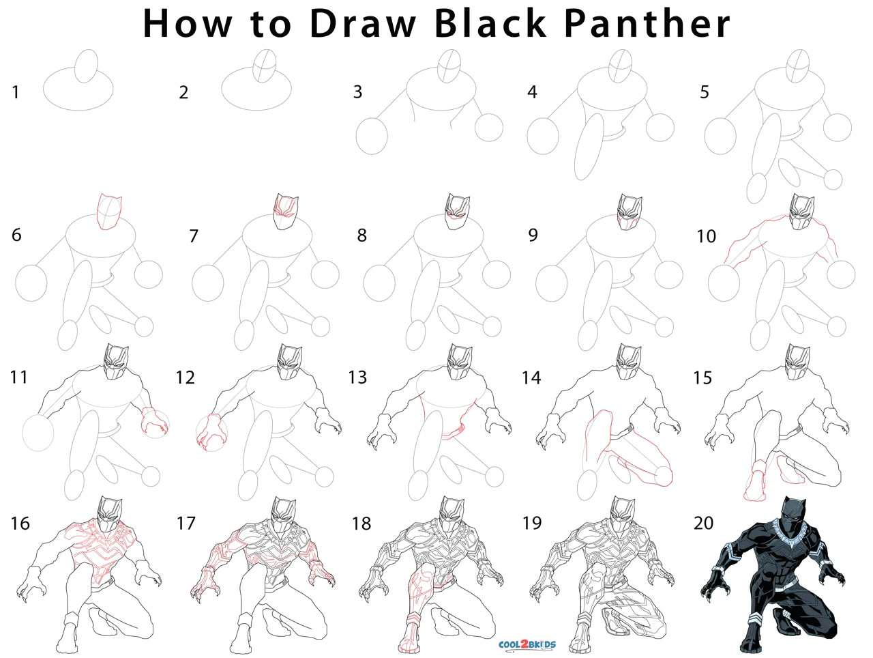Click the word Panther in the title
click(x=647, y=23)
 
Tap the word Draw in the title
click(x=364, y=23)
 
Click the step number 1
click(x=16, y=92)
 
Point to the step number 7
click(x=194, y=236)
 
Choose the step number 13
click(x=357, y=377)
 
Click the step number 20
click(x=703, y=523)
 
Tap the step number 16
click(x=20, y=524)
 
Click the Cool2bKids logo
click(x=527, y=644)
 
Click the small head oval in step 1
click(x=87, y=66)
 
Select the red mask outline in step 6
click(x=109, y=212)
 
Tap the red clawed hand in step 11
click(x=154, y=422)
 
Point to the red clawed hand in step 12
click(x=210, y=432)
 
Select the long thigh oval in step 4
click(x=589, y=147)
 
